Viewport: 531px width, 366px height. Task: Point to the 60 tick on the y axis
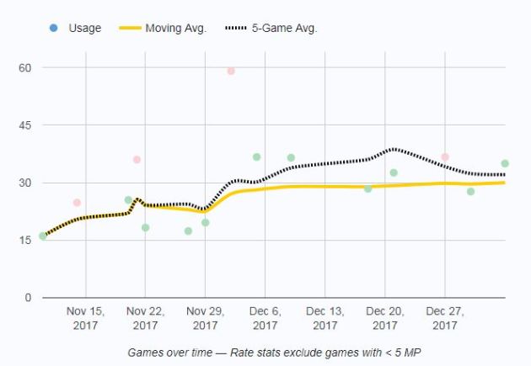click(x=25, y=67)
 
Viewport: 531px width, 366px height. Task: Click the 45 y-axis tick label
click(x=25, y=125)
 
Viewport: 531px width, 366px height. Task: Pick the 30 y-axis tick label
click(x=25, y=183)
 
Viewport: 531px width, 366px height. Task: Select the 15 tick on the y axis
click(x=25, y=241)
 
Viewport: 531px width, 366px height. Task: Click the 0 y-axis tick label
click(x=29, y=298)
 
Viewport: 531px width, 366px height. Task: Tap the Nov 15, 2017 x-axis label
click(x=85, y=318)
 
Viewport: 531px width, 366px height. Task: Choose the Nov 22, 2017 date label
click(x=145, y=318)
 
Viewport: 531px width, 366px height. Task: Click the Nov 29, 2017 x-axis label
click(x=205, y=318)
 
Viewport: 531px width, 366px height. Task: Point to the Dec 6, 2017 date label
click(x=265, y=318)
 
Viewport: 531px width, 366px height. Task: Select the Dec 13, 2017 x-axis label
click(x=324, y=318)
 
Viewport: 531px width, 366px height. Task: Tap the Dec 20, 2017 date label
click(x=385, y=318)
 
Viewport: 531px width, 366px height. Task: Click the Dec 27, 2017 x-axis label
click(x=445, y=318)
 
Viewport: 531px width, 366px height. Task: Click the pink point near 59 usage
click(x=231, y=71)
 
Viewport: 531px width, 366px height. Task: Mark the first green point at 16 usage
click(x=43, y=236)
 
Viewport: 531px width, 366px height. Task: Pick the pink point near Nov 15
click(x=77, y=203)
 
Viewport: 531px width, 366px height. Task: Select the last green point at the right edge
click(x=505, y=164)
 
